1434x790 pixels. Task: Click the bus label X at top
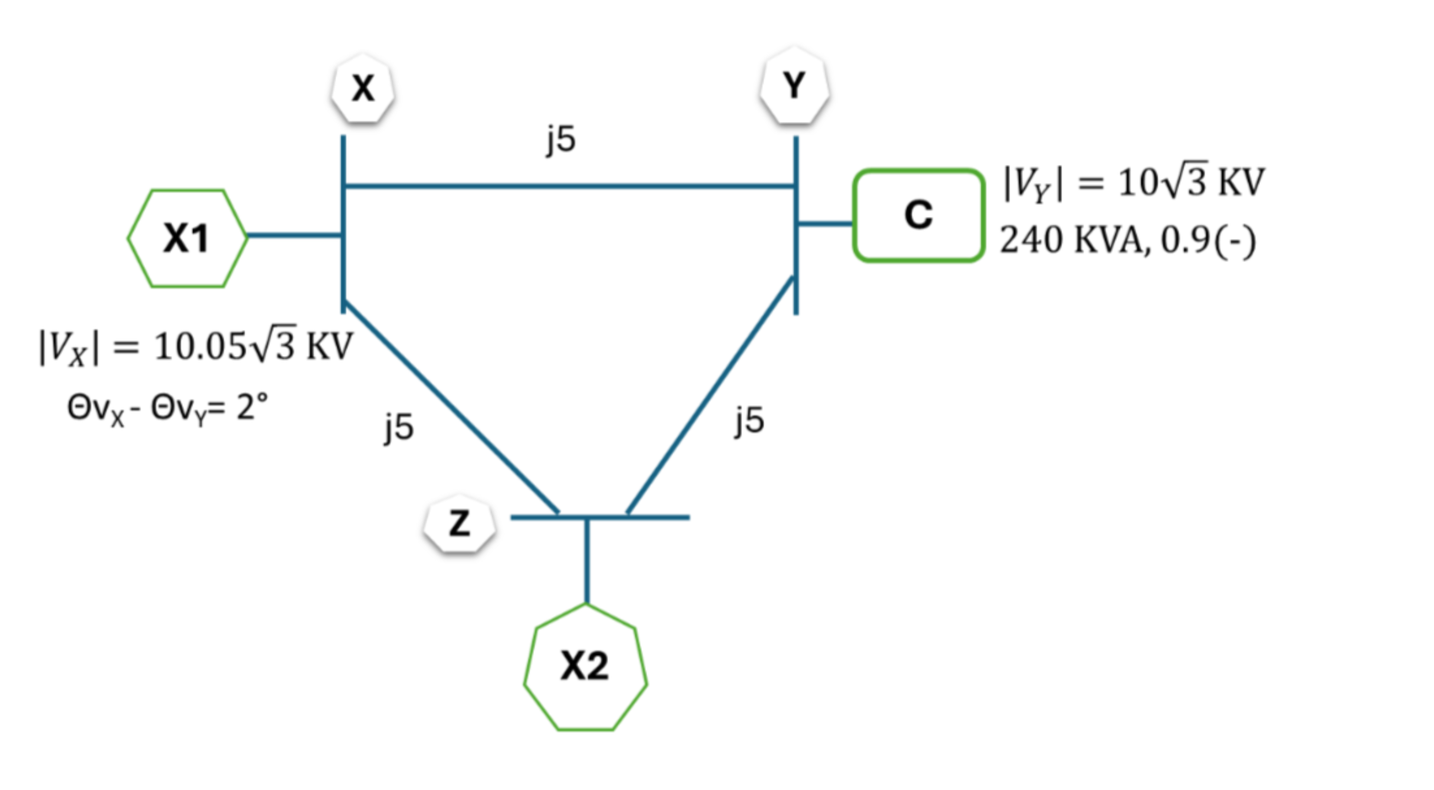click(363, 88)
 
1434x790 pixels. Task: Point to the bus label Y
click(794, 86)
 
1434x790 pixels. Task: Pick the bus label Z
click(459, 523)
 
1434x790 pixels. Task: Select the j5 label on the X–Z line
click(399, 427)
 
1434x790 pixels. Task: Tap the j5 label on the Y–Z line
click(749, 421)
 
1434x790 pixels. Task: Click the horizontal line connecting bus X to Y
click(568, 186)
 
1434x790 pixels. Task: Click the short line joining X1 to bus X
click(294, 235)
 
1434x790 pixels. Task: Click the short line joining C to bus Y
click(825, 224)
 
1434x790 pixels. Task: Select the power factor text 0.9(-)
click(1208, 241)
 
